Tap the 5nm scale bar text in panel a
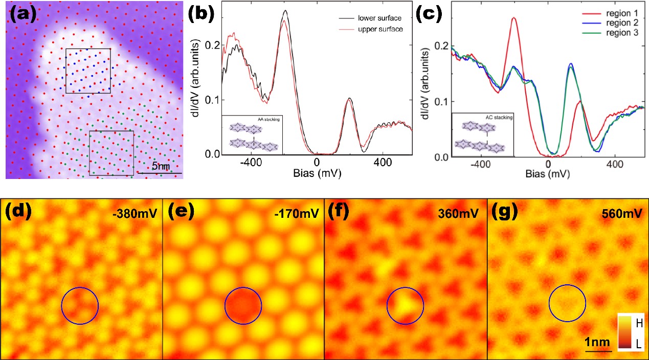[x=161, y=166]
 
